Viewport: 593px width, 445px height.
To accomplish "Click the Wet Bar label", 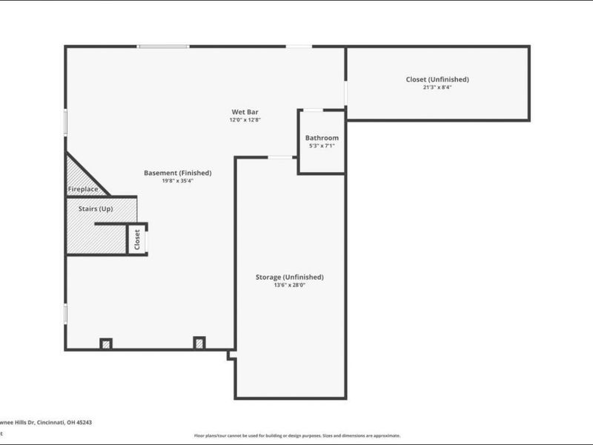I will tap(245, 112).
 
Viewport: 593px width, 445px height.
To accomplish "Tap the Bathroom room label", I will tap(322, 138).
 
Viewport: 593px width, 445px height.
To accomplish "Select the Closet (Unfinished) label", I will tap(437, 79).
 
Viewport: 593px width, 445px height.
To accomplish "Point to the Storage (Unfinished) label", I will tap(290, 277).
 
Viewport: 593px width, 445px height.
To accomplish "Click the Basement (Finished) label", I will tap(177, 173).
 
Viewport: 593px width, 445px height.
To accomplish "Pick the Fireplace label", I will tap(83, 190).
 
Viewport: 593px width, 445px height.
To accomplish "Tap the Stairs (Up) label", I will tap(96, 209).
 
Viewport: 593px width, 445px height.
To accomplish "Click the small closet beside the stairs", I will tap(136, 239).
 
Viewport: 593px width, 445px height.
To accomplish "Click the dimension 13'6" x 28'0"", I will tap(290, 286).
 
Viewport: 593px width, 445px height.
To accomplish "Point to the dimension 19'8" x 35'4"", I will tap(176, 181).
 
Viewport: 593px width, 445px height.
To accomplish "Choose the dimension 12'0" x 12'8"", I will tap(245, 119).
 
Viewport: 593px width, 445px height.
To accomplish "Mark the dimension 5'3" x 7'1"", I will tap(322, 146).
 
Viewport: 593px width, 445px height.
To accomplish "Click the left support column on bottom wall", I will tap(106, 343).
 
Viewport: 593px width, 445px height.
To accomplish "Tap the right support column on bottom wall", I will tap(199, 343).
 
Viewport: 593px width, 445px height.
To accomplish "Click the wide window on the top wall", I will tap(163, 47).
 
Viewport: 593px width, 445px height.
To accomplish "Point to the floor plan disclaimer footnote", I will tap(296, 436).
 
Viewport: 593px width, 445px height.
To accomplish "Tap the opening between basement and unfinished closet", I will tap(345, 93).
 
